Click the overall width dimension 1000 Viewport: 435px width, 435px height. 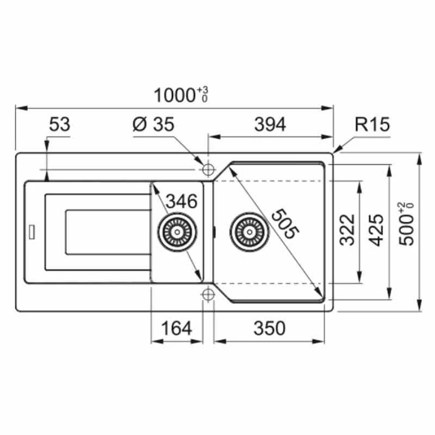click(174, 96)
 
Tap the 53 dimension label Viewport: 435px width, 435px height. click(60, 125)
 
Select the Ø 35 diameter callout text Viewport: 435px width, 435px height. click(153, 124)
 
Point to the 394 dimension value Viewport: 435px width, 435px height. click(270, 125)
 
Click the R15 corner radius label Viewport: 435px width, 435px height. click(372, 124)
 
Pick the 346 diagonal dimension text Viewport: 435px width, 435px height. click(182, 201)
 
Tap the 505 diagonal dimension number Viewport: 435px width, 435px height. click(285, 223)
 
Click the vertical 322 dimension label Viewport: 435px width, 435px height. click(347, 230)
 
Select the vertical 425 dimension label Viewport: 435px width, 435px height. click(377, 230)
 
